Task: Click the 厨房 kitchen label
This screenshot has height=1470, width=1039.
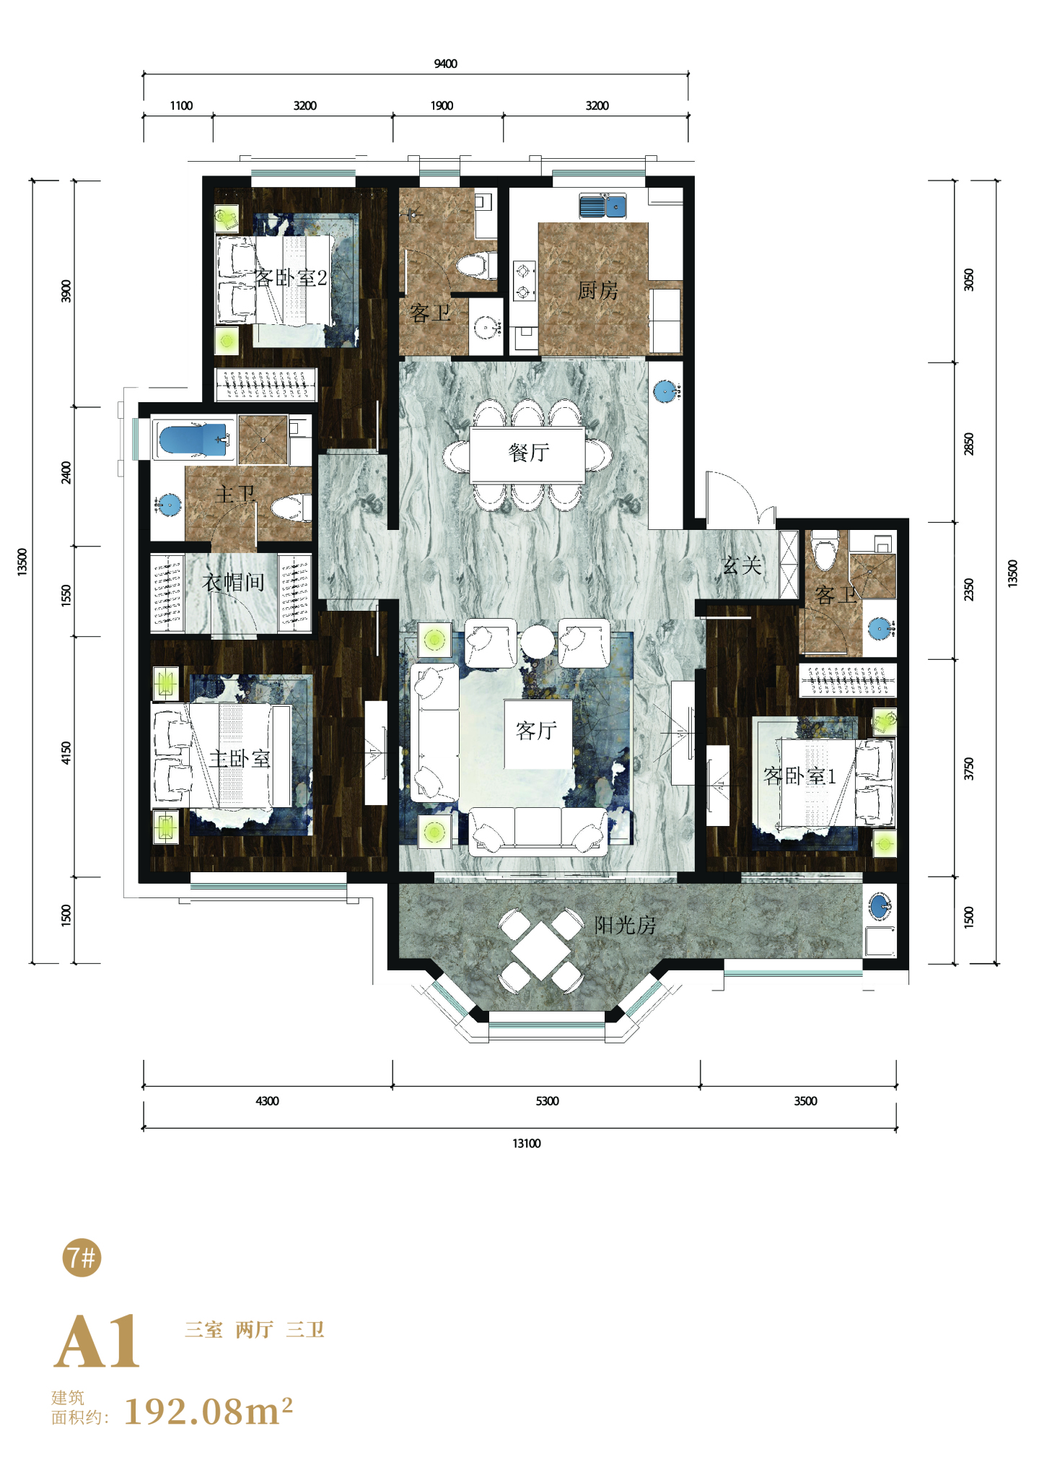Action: (x=597, y=290)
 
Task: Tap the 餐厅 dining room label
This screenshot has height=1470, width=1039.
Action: (x=529, y=453)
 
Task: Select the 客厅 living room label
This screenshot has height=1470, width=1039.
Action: (x=536, y=731)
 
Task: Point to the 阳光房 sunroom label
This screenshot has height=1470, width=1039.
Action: (x=625, y=925)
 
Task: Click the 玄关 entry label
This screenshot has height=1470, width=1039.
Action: (x=742, y=565)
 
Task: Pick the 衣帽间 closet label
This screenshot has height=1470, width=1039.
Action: (x=233, y=582)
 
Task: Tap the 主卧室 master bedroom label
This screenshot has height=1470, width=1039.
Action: (x=240, y=758)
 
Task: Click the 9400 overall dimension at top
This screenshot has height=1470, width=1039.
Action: (x=445, y=64)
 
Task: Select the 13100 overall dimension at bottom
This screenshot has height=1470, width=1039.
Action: (x=526, y=1144)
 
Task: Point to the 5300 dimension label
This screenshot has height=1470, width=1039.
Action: (x=547, y=1101)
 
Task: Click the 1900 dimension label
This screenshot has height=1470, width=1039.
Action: (x=442, y=105)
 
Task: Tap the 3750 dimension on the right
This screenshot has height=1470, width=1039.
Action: (x=969, y=769)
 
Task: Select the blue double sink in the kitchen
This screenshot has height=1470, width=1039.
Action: (x=602, y=206)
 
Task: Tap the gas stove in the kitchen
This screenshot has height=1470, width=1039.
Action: (x=524, y=281)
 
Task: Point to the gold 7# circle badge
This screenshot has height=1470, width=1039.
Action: (x=82, y=1257)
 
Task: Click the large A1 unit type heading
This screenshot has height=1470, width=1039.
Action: (x=97, y=1341)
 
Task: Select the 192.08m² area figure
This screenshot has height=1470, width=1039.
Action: (x=209, y=1411)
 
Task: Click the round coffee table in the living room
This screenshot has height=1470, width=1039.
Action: (x=538, y=641)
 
